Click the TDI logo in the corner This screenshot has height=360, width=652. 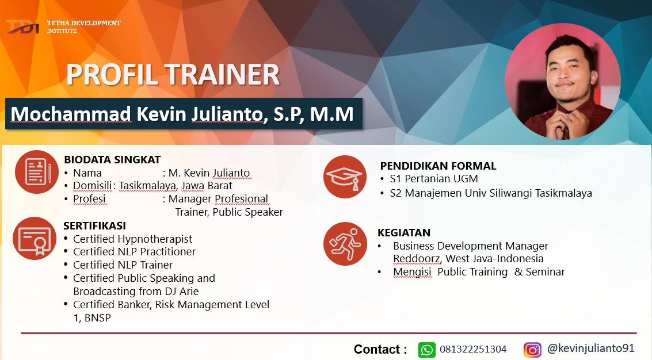pyautogui.click(x=23, y=26)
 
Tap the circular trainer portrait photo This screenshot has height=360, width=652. pyautogui.click(x=563, y=81)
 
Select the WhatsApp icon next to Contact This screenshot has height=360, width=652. pyautogui.click(x=426, y=350)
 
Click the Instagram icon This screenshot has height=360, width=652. pyautogui.click(x=532, y=350)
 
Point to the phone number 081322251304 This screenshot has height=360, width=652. pyautogui.click(x=473, y=349)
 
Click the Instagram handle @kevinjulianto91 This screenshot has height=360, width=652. pyautogui.click(x=591, y=348)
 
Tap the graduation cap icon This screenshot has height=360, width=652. pyautogui.click(x=345, y=177)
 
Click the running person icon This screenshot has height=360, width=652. pyautogui.click(x=345, y=244)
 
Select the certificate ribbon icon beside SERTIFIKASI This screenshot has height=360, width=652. pyautogui.click(x=35, y=238)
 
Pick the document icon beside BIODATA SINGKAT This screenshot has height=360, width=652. pyautogui.click(x=37, y=172)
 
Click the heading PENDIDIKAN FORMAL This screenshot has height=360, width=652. pyautogui.click(x=439, y=166)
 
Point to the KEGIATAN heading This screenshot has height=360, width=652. pyautogui.click(x=404, y=232)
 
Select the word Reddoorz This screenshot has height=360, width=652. pyautogui.click(x=417, y=259)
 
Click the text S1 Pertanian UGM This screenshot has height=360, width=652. pyautogui.click(x=434, y=179)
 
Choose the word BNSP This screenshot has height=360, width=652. pyautogui.click(x=98, y=318)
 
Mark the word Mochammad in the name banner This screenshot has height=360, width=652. pyautogui.click(x=71, y=114)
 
